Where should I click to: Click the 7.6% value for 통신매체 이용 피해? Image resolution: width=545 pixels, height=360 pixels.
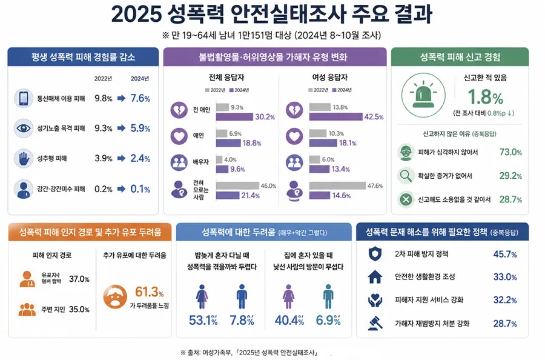point(140,98)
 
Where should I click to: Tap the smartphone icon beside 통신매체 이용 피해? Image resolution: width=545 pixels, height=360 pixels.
point(24,98)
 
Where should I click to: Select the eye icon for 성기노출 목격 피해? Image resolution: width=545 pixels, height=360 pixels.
point(24,128)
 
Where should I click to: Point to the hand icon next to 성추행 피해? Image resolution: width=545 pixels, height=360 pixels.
point(24,158)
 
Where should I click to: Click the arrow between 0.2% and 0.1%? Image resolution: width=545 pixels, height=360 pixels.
point(121,189)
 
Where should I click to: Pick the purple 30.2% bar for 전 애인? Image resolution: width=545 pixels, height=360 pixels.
point(234,117)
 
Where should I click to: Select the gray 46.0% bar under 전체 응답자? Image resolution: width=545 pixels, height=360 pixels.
point(238,185)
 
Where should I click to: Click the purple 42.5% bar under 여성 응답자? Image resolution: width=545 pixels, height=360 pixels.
point(335,117)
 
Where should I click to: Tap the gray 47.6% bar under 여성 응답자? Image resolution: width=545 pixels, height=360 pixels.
point(337,185)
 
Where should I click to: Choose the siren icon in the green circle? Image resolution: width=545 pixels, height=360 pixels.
point(423,95)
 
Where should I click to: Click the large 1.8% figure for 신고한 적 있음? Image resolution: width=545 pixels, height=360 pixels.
point(485,97)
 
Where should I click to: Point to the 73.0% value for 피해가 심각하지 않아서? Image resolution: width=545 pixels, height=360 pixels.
point(510,152)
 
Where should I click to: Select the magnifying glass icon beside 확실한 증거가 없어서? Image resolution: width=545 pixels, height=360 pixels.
point(406,176)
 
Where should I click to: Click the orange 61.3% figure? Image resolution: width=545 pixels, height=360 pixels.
point(149,292)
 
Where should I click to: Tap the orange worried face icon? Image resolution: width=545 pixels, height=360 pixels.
point(115,297)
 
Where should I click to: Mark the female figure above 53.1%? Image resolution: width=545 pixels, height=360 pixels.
point(202,297)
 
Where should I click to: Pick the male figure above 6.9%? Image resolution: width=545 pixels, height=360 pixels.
point(328,297)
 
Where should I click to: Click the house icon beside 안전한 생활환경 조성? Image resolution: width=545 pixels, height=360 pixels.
point(375,277)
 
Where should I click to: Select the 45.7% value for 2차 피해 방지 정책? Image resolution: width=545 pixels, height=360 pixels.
point(505,255)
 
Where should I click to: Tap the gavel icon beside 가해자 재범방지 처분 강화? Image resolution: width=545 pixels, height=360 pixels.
point(375,323)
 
